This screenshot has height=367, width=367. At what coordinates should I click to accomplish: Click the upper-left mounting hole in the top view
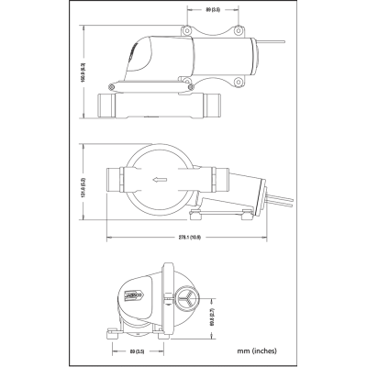pos(187,31)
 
